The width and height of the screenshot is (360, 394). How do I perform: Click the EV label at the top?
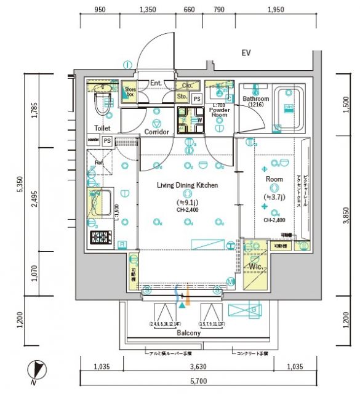[246, 54]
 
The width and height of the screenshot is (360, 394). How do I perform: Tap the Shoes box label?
[130, 92]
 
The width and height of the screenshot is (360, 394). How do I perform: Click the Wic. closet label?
[255, 267]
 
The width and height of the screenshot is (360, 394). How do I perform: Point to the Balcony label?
[188, 333]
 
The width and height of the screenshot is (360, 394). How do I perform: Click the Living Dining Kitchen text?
[188, 185]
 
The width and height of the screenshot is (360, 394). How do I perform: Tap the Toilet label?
[102, 128]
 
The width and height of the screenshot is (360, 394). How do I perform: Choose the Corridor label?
[157, 132]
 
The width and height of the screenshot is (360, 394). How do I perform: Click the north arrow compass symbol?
[36, 371]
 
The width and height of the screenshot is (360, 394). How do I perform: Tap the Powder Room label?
[220, 111]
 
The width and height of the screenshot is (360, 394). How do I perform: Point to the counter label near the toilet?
[94, 140]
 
